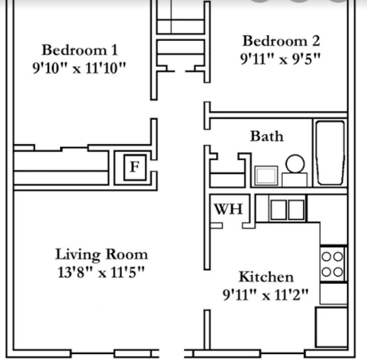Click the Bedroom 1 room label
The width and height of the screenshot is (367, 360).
79,50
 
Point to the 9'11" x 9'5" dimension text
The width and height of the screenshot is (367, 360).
280,58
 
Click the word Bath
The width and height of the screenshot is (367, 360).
266,136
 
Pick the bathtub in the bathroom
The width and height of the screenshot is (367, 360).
329,154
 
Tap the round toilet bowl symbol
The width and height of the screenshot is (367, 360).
295,163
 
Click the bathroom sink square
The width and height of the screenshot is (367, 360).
266,175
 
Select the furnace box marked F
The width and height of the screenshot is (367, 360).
134,167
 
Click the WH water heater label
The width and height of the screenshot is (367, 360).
228,210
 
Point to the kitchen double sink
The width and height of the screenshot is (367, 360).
287,210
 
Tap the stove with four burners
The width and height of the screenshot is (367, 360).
333,263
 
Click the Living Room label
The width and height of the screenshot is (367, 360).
101,254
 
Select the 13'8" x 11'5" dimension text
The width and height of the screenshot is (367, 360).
101,271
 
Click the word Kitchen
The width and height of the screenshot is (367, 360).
266,277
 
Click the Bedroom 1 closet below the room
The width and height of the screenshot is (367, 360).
61,167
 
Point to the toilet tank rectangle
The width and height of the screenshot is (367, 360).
294,179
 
